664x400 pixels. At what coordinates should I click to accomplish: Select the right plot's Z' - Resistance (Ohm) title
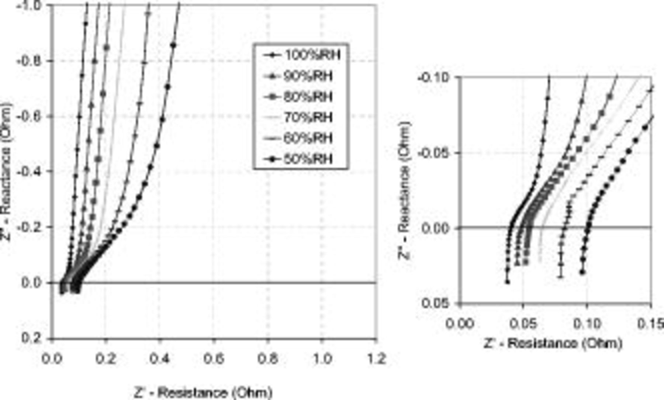(553, 344)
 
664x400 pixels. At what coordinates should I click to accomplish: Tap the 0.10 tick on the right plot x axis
(587, 324)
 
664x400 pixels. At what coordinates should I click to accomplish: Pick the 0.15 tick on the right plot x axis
(651, 324)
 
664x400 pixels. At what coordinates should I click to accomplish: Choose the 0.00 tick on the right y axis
(435, 228)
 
